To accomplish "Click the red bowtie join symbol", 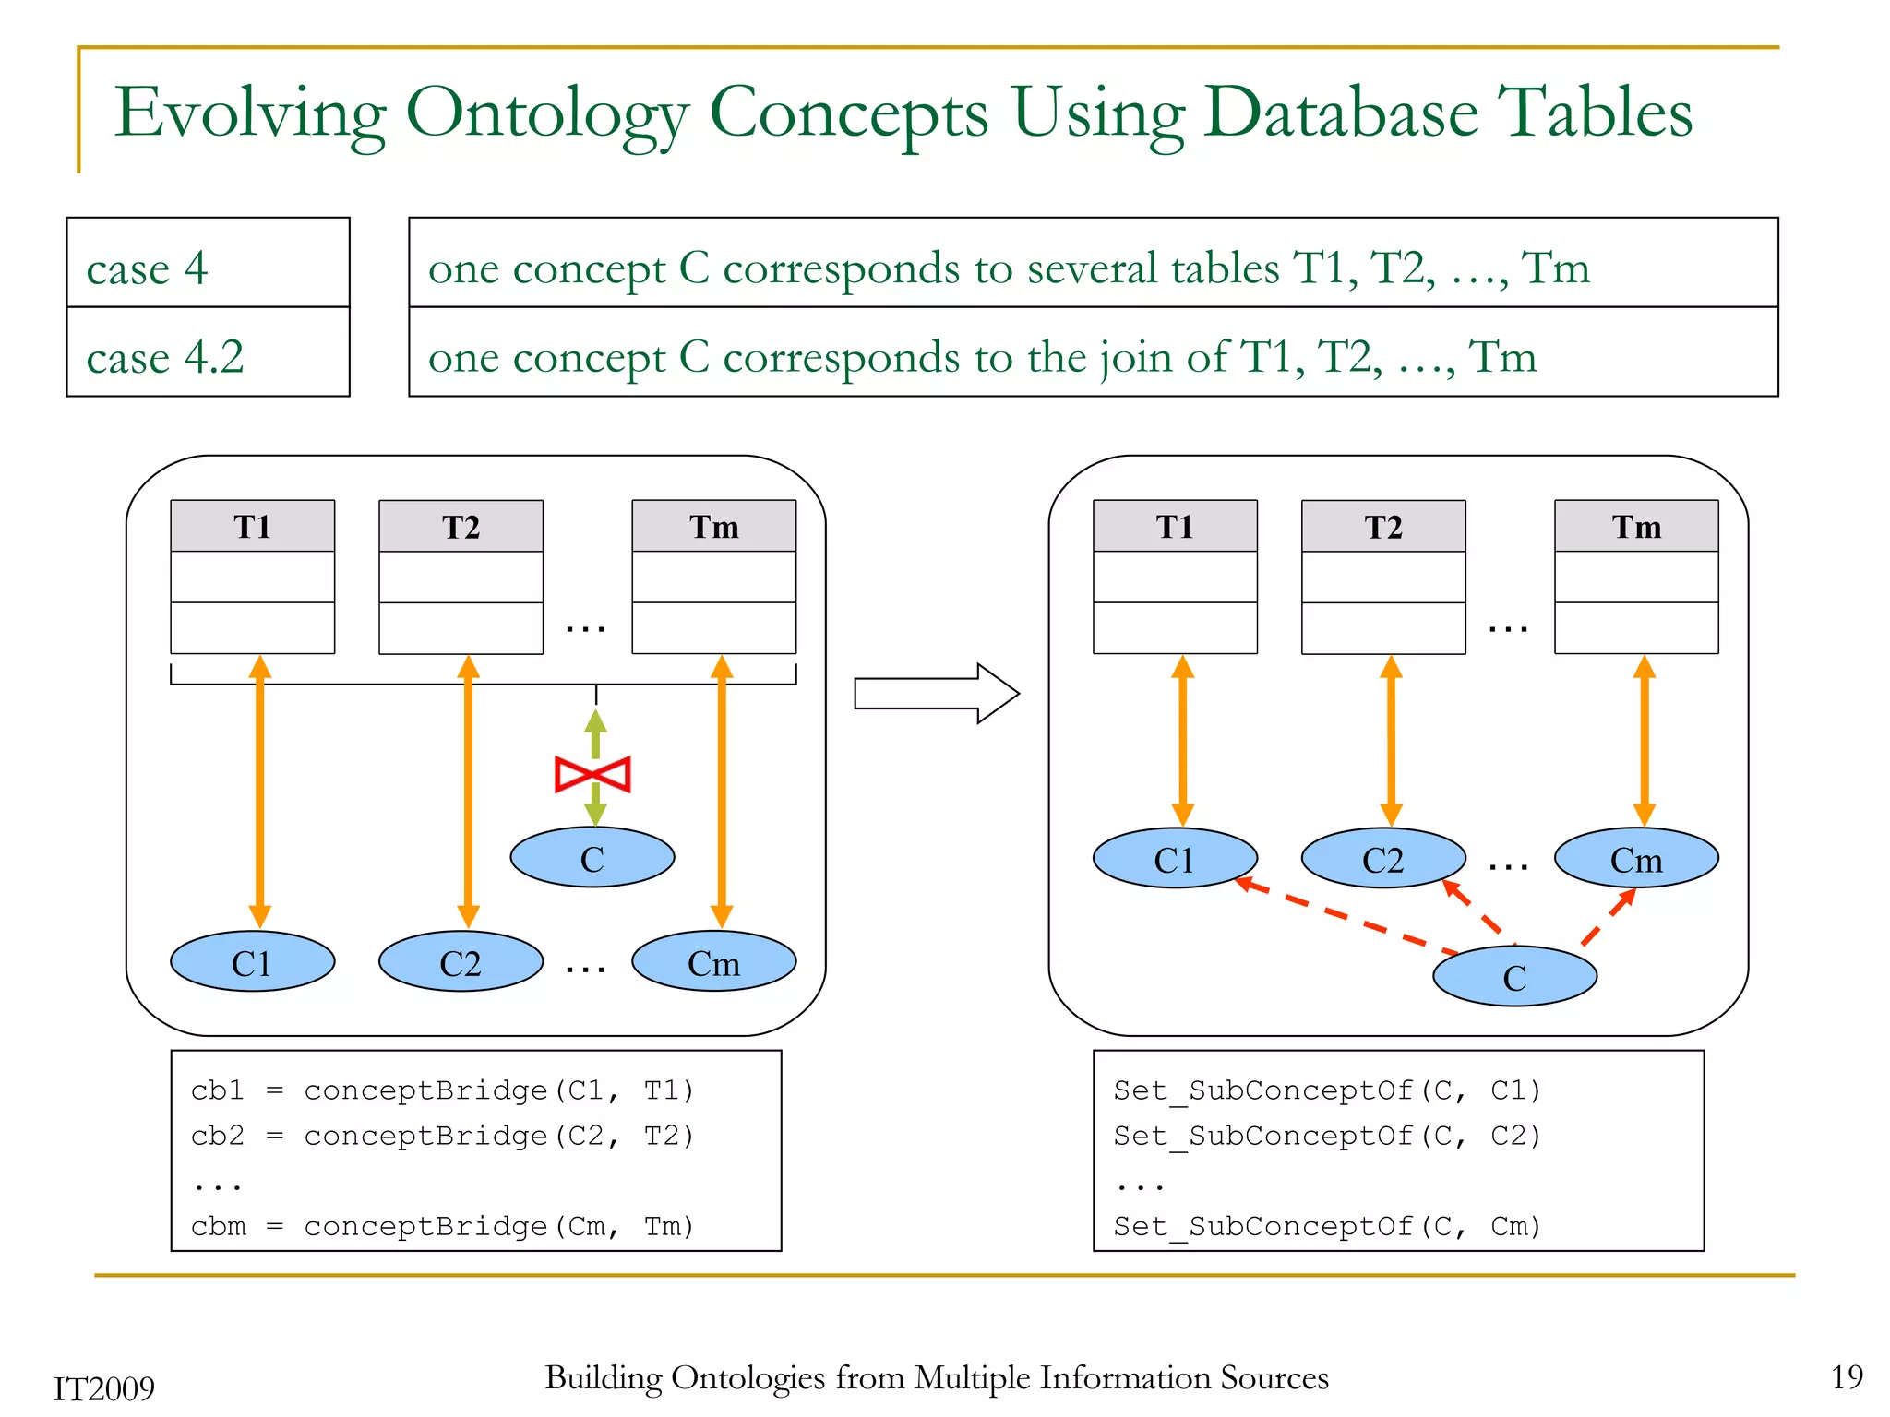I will tap(592, 774).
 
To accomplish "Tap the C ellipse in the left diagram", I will tap(592, 858).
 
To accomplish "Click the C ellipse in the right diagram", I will tap(1514, 977).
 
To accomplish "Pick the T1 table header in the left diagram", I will tap(252, 527).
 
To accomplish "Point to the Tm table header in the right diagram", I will tap(1636, 527).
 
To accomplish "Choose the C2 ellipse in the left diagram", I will tap(461, 962).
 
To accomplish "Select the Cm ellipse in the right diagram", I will tap(1636, 859).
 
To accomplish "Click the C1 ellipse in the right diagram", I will tap(1174, 859).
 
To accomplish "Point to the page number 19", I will tap(1847, 1376).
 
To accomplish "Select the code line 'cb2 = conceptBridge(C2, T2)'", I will tap(442, 1136).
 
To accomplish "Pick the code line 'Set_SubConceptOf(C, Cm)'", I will tap(1327, 1226).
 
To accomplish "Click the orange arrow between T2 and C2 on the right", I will tap(1391, 741).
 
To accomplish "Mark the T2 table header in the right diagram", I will tap(1383, 527).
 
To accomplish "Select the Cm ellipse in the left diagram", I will tap(713, 962).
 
